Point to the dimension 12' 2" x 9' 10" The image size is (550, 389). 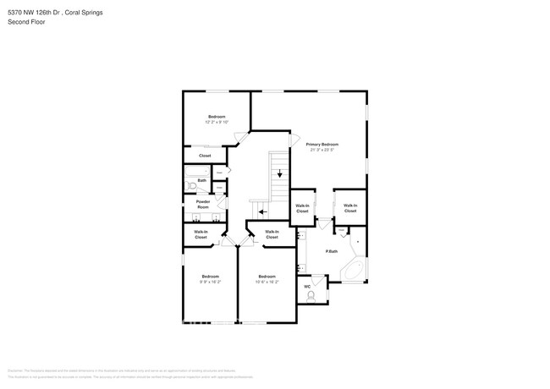(217, 123)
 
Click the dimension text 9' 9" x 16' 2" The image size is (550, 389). (210, 282)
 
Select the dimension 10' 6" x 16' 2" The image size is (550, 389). (267, 282)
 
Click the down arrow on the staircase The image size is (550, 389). (279, 174)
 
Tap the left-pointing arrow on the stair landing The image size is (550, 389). (262, 212)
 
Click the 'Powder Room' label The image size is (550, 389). (203, 204)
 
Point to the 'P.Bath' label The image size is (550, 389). (332, 251)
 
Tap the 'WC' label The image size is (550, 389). (307, 287)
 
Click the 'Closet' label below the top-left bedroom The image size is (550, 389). (205, 156)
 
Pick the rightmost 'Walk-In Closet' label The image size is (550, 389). (350, 208)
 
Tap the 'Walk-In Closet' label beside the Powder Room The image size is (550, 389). (201, 235)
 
